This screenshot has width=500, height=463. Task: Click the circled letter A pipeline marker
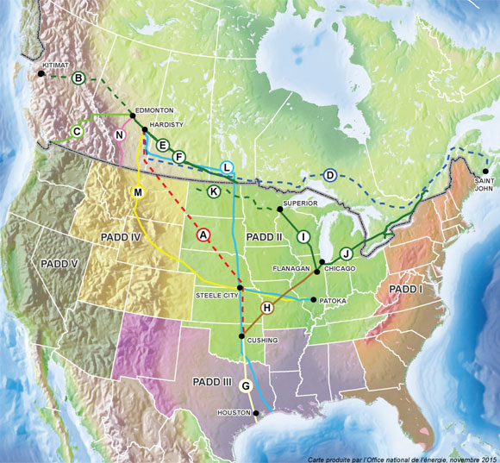(203, 234)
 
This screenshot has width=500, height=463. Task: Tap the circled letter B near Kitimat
(78, 78)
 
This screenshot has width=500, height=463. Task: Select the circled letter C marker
(77, 131)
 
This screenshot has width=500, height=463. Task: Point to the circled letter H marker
(266, 308)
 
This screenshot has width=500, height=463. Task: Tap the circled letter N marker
(120, 135)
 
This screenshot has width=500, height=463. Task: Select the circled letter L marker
(226, 166)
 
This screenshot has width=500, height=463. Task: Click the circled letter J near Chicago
(346, 253)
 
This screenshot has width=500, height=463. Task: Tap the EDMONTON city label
(155, 110)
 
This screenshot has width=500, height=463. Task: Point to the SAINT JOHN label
(484, 185)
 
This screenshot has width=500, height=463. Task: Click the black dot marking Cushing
(242, 335)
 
